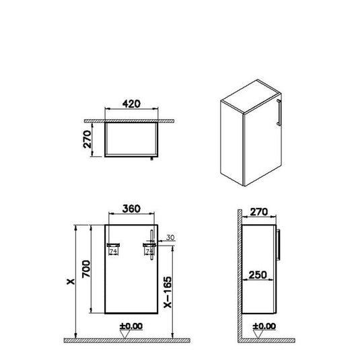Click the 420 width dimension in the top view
pos(131,105)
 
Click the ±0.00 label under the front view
pos(131,327)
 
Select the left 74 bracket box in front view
pos(113,250)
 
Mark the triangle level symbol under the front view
pos(131,335)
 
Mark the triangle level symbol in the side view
pos(260,335)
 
